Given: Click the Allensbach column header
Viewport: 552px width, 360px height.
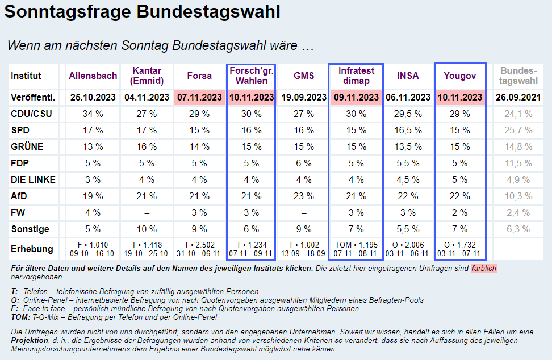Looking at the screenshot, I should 93,76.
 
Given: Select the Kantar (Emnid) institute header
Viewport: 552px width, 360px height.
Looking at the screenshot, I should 147,76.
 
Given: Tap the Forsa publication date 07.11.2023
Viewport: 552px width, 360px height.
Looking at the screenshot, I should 199,97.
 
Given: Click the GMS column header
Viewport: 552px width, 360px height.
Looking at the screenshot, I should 304,76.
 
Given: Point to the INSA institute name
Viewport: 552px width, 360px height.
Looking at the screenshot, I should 408,76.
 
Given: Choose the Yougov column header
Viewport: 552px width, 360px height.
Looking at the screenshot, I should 461,76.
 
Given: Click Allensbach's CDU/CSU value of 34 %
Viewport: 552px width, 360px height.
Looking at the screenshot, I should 93,114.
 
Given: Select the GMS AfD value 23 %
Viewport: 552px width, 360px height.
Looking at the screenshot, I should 304,196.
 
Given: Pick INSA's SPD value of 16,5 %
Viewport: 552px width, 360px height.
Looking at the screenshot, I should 408,131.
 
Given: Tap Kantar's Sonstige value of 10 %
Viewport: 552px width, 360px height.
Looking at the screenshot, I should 147,229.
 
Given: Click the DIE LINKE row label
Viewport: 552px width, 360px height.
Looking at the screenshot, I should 33,180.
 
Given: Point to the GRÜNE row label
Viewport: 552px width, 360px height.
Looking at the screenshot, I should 27,147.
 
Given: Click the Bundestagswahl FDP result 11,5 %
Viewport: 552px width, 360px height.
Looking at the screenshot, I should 518,164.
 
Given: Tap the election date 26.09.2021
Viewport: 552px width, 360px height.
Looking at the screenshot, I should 518,97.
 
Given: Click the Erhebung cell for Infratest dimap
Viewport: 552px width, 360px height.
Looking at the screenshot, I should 356,249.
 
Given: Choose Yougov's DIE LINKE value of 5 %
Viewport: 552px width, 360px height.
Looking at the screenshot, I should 461,180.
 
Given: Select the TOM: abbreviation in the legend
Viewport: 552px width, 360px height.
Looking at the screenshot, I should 21,317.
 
